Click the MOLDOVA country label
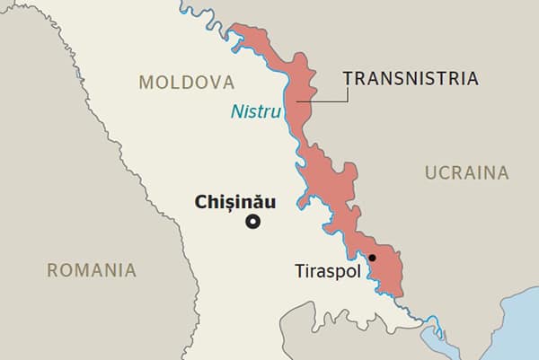186,83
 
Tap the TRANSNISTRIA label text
410,79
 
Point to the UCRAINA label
466,172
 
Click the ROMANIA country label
92,269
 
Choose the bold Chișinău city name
235,202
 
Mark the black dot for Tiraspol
372,259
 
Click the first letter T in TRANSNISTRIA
348,79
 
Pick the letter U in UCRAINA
430,172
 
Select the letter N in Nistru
236,112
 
